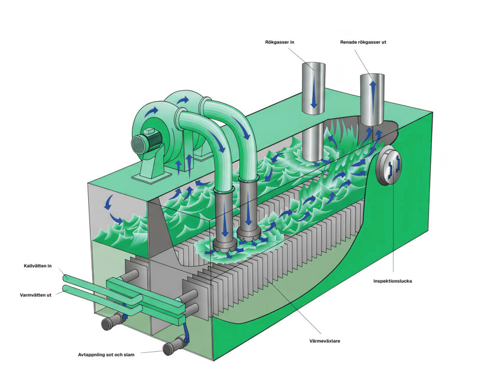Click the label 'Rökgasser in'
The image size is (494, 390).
pos(279,42)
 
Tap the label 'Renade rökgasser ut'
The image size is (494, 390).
pos(363,42)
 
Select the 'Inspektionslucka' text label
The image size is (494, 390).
pos(393,281)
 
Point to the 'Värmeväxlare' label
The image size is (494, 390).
pos(325,341)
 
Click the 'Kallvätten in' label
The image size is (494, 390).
pos(38,266)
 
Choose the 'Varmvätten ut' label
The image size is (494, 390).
pos(36,295)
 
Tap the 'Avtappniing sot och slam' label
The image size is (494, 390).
pos(106,355)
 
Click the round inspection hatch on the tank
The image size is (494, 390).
pos(388,166)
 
